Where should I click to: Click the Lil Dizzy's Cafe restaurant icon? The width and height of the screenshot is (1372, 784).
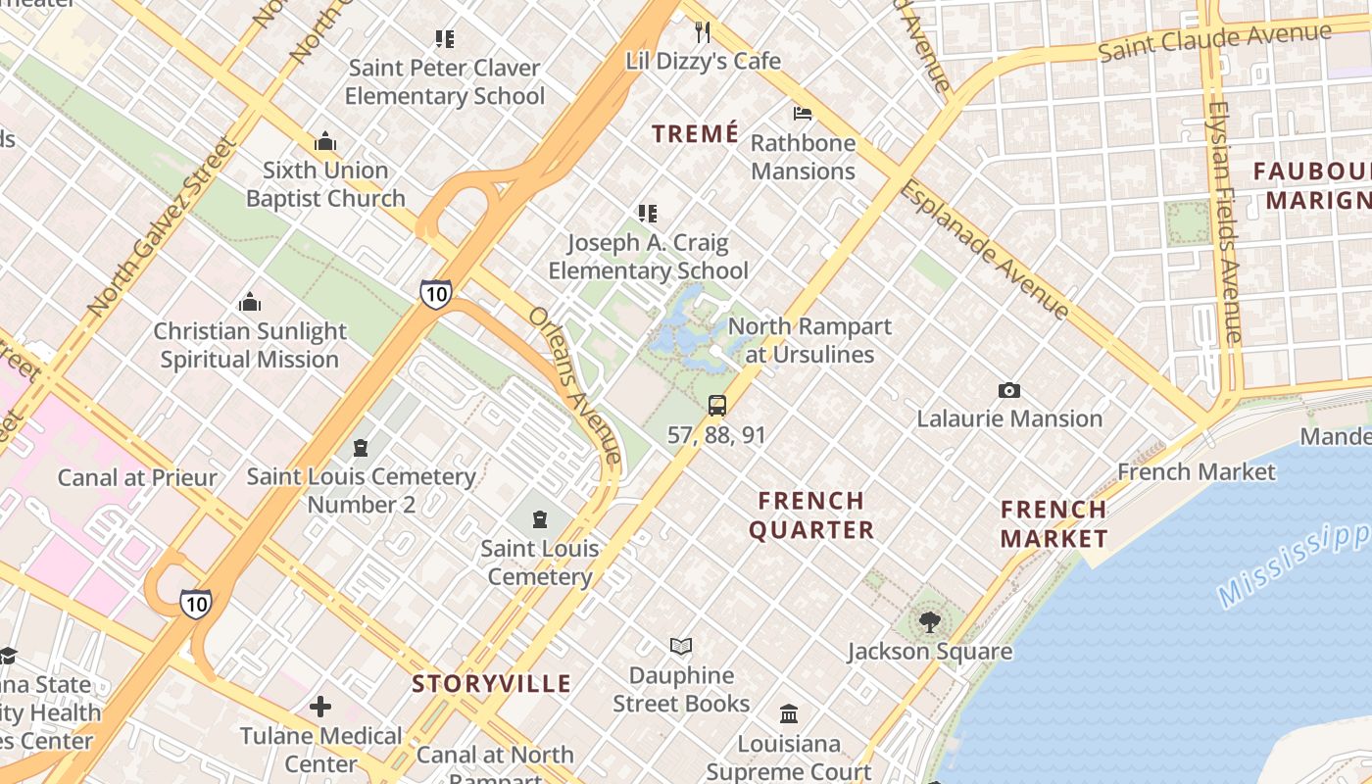[x=702, y=32]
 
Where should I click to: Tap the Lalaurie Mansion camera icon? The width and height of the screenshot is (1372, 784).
[x=1008, y=390]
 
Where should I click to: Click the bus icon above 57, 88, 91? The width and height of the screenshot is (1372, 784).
[x=717, y=405]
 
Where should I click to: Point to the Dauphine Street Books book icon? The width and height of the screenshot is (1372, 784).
[x=681, y=647]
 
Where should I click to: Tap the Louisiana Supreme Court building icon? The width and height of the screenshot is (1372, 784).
[x=788, y=713]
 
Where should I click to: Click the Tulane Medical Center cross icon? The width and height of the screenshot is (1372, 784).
[x=320, y=706]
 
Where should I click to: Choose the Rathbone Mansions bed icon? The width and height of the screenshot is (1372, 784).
[x=803, y=114]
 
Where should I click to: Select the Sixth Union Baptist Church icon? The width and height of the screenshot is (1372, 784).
[x=325, y=142]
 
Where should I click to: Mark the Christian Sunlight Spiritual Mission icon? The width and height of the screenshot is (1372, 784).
[x=250, y=302]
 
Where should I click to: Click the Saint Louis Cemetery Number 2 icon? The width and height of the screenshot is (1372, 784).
[x=361, y=448]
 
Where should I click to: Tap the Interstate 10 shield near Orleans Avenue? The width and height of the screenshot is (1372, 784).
[x=436, y=294]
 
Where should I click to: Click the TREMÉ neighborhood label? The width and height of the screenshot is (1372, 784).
[x=695, y=134]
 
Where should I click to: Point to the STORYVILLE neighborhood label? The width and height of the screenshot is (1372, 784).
[x=491, y=683]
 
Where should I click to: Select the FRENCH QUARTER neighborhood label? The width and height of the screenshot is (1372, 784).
[x=811, y=515]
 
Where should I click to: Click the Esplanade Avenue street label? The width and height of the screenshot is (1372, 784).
[x=984, y=249]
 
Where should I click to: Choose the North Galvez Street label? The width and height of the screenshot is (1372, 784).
[x=162, y=227]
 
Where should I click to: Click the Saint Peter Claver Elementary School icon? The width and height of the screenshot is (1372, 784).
[x=445, y=39]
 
